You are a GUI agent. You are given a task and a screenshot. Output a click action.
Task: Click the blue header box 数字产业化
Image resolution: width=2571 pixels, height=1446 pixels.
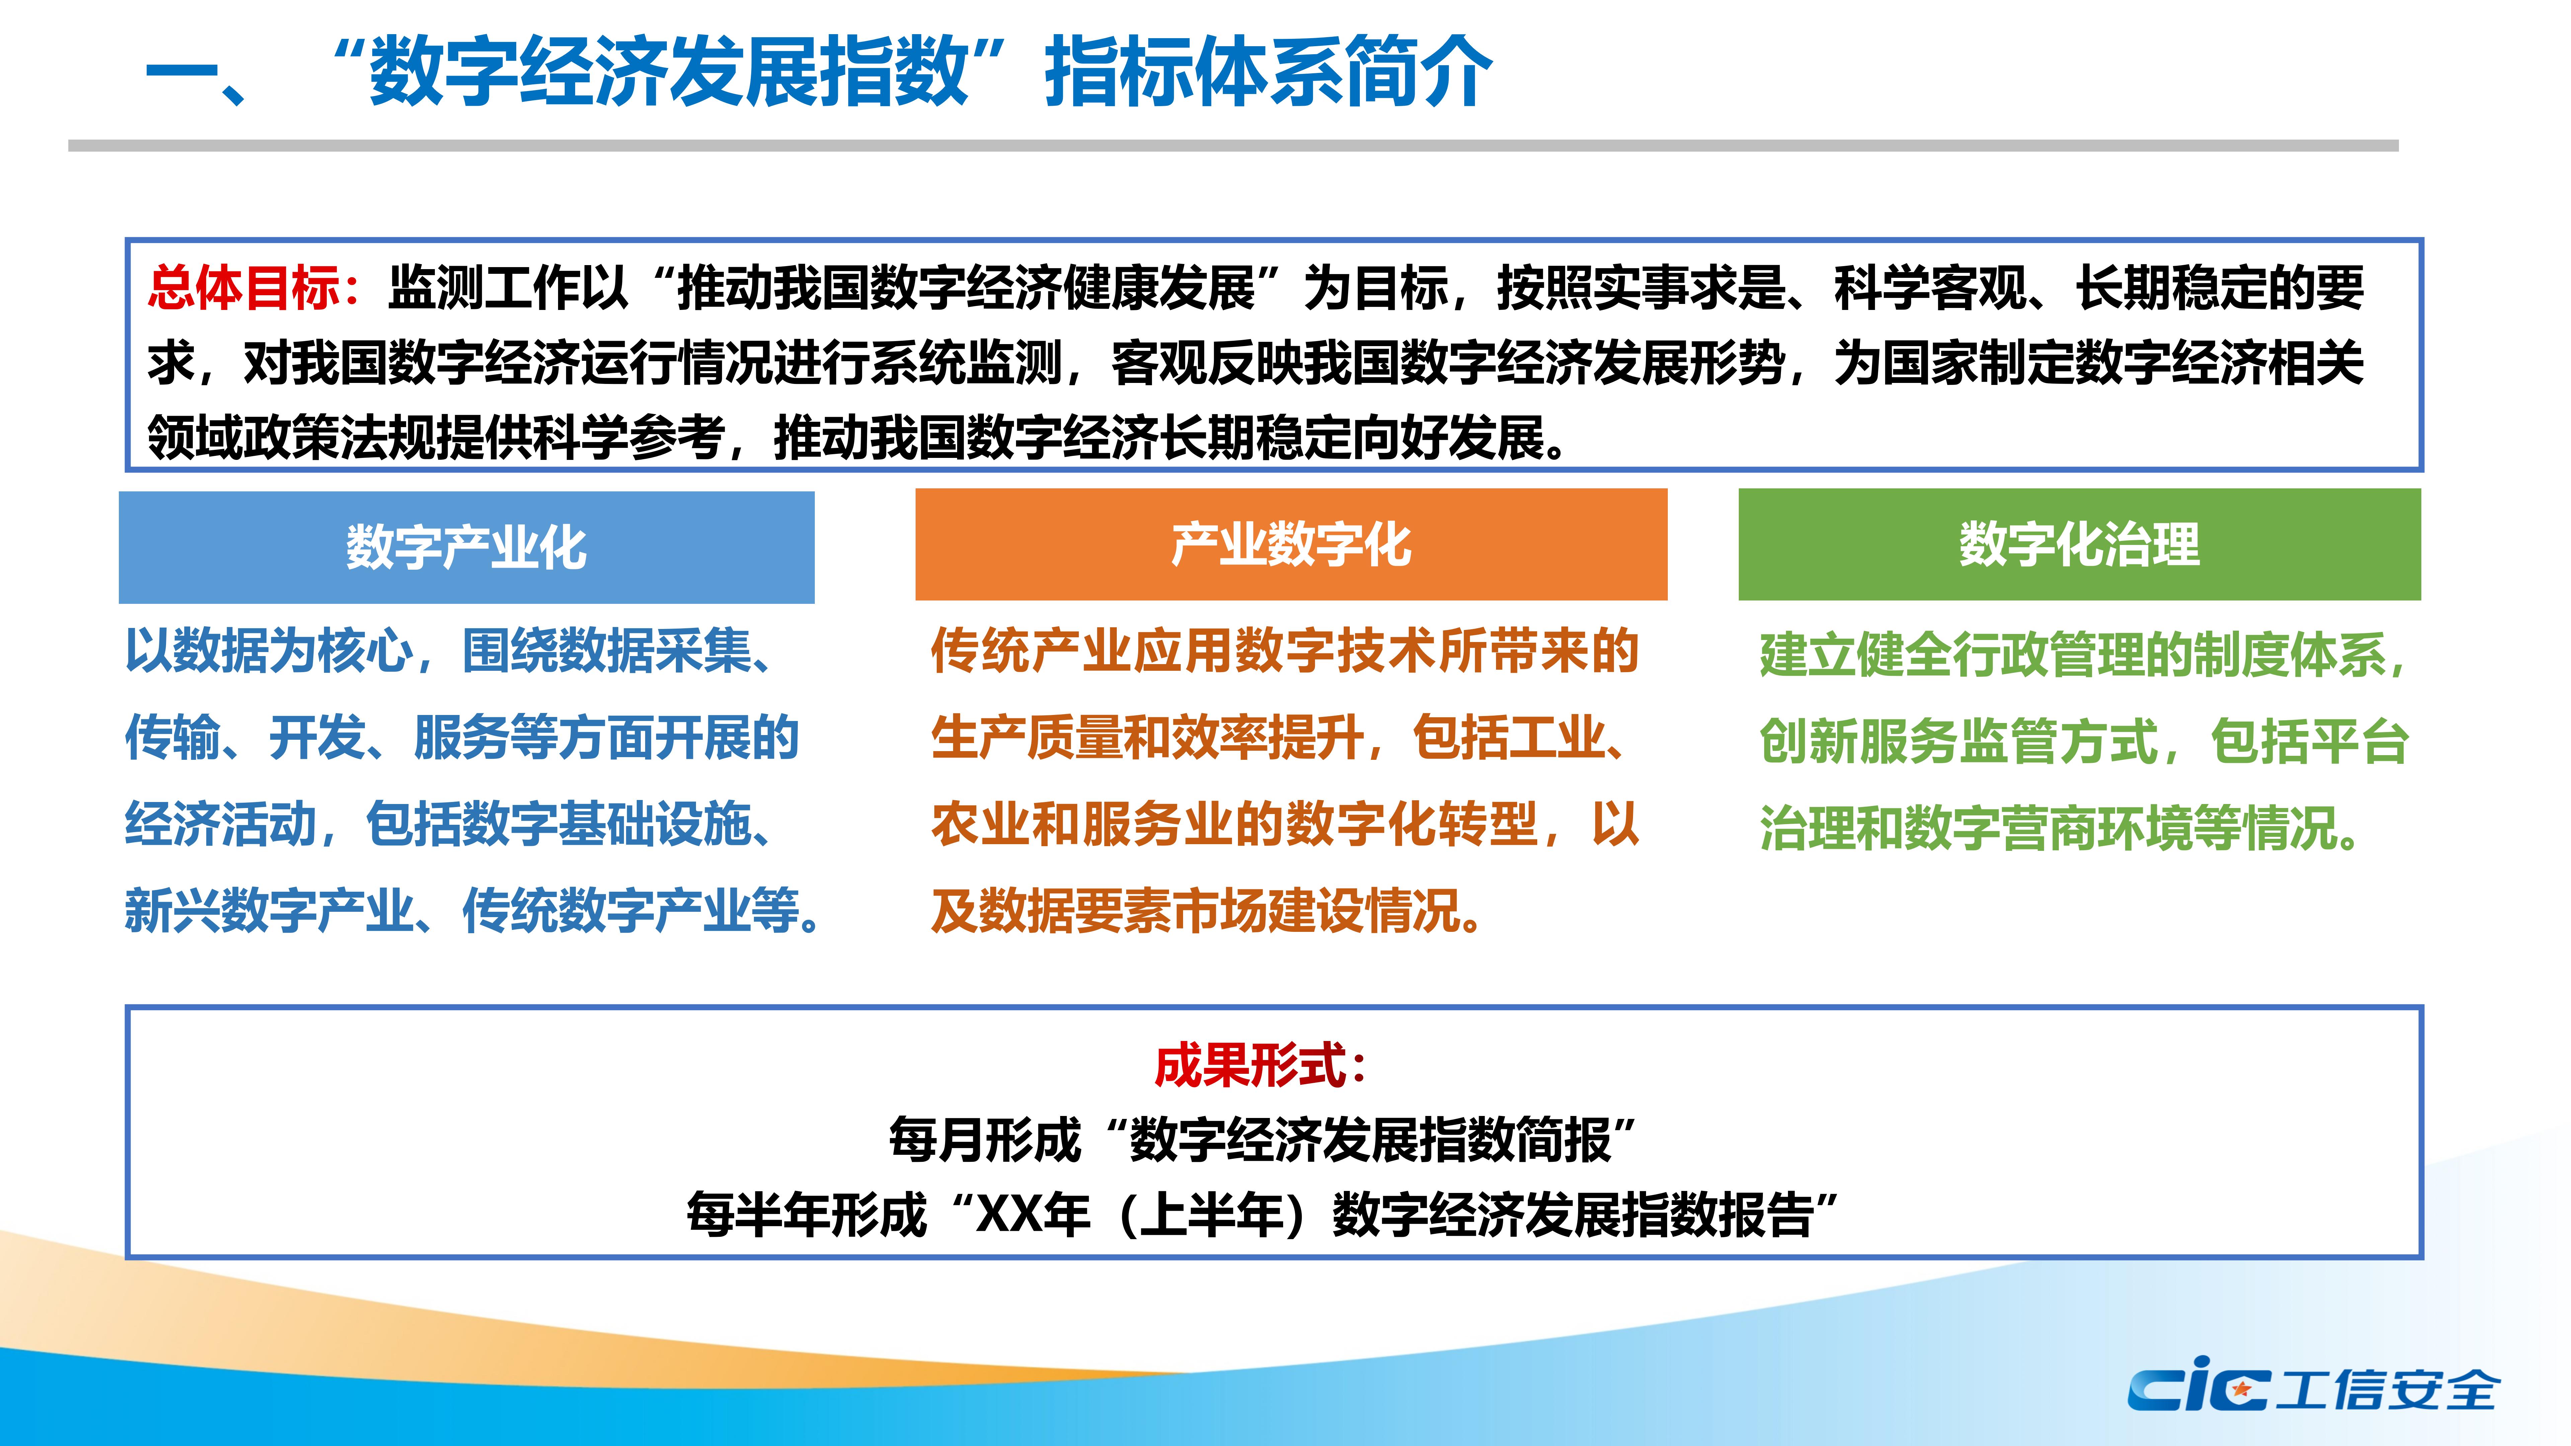(x=466, y=547)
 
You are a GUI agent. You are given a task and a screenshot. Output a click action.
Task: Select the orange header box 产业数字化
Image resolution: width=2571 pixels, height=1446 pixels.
(x=1291, y=545)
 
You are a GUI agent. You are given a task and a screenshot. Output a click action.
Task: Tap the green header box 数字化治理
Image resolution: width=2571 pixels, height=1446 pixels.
(x=2079, y=545)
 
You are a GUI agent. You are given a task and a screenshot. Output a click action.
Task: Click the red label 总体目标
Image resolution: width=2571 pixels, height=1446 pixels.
(x=244, y=288)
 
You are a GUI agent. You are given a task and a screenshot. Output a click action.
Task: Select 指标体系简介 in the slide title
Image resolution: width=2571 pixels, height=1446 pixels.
(x=1267, y=72)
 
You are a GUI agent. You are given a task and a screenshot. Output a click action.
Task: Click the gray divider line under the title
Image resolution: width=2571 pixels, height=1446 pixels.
(x=1233, y=146)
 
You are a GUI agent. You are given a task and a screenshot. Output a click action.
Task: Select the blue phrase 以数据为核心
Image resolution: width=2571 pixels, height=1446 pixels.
(x=269, y=652)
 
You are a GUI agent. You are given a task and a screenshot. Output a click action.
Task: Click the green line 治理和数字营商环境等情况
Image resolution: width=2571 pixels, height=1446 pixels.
(x=2061, y=828)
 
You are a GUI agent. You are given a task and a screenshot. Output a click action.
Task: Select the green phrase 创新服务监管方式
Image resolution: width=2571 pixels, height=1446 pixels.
(x=1958, y=741)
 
